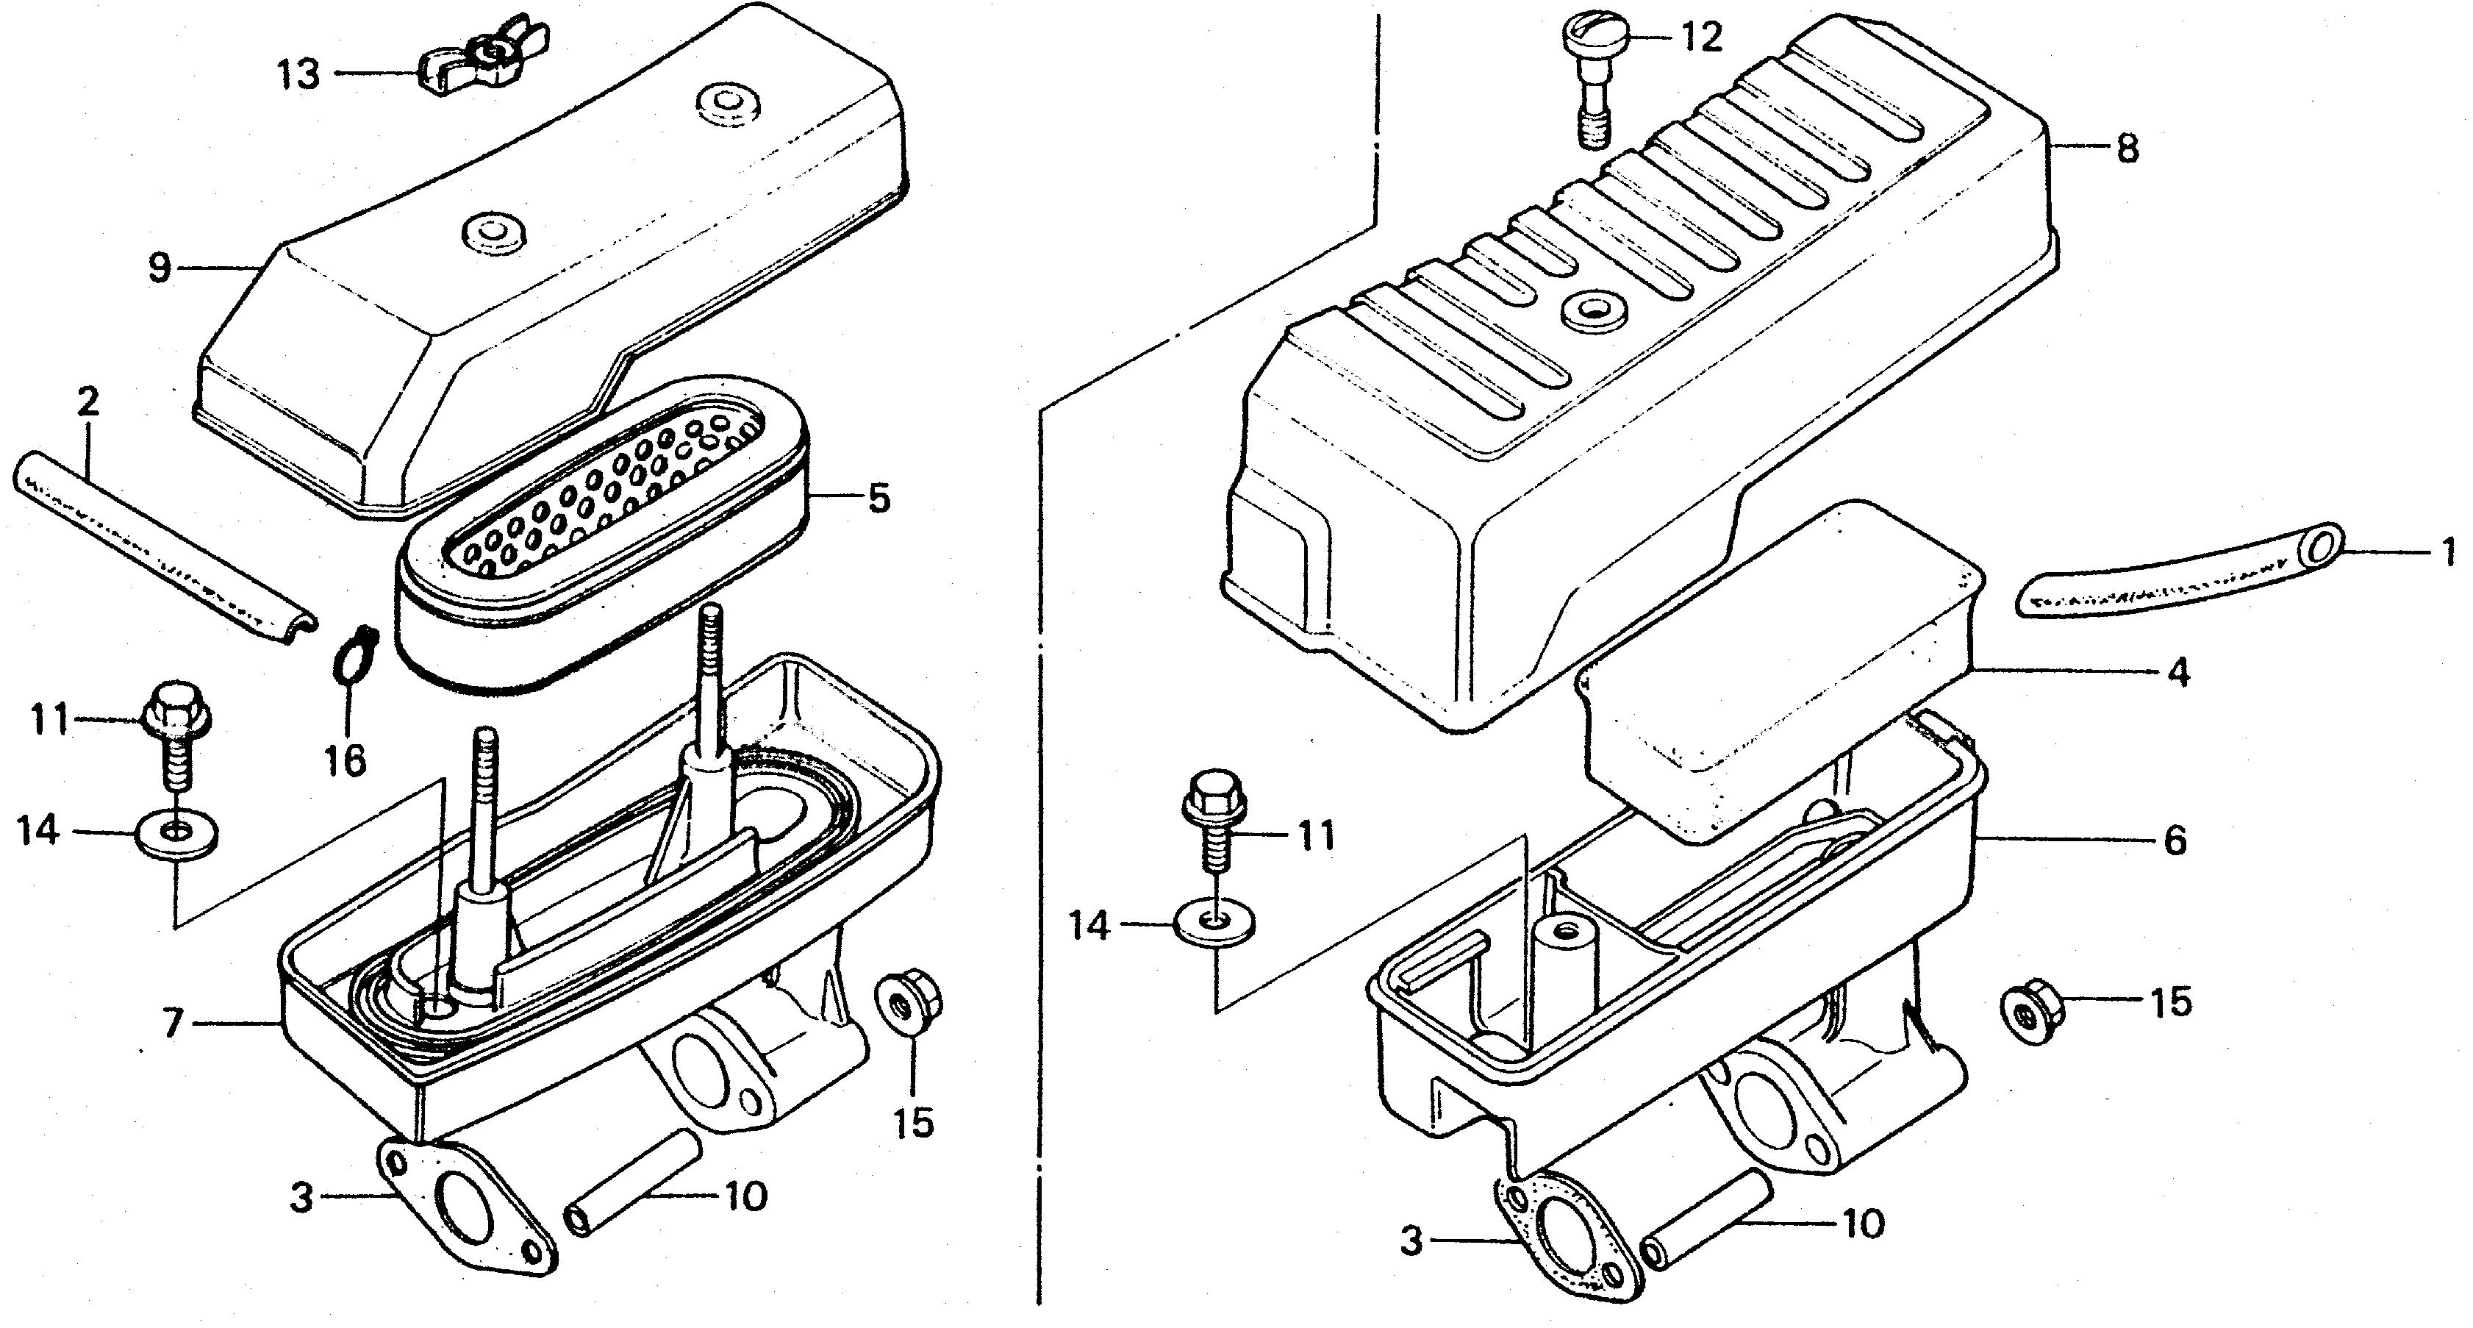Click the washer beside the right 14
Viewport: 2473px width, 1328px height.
pyautogui.click(x=1215, y=923)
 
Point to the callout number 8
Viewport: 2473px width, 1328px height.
pyautogui.click(x=2127, y=149)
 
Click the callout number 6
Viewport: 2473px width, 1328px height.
pyautogui.click(x=2175, y=841)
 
